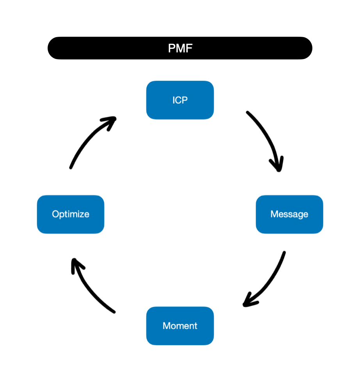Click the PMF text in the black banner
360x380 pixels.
[180, 48]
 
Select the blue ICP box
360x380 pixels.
[180, 100]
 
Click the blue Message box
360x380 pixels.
[289, 214]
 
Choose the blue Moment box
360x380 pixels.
[180, 326]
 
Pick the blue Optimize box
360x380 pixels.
[71, 214]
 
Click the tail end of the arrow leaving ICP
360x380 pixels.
[248, 113]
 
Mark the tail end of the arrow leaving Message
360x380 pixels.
[284, 253]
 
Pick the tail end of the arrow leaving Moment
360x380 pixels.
[114, 312]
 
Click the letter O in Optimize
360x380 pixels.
[55, 214]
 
